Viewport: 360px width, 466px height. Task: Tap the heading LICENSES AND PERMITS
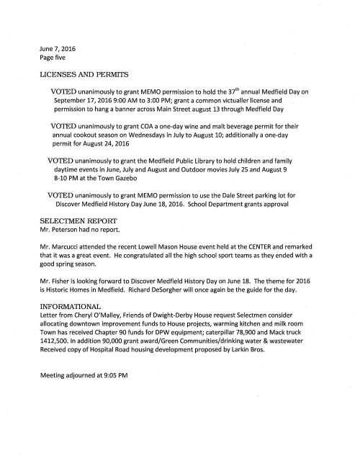tap(84, 75)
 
